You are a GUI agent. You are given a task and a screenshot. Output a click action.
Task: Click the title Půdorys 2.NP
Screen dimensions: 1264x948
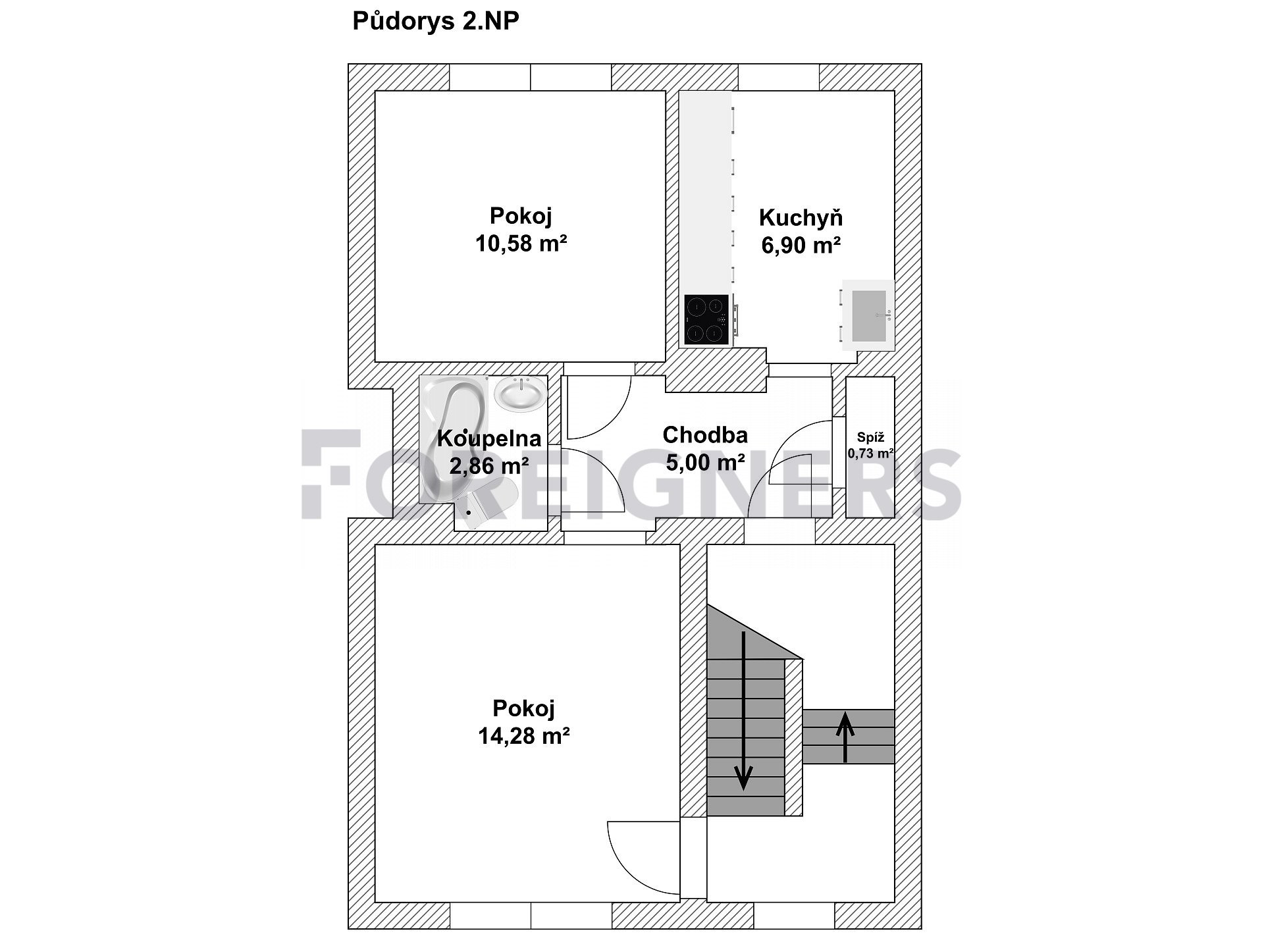(x=436, y=21)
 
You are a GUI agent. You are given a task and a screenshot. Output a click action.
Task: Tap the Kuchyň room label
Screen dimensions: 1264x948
(x=801, y=218)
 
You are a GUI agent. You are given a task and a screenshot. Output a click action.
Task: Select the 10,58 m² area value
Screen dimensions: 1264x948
(x=521, y=244)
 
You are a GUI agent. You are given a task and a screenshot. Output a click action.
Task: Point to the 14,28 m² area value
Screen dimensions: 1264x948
(x=524, y=736)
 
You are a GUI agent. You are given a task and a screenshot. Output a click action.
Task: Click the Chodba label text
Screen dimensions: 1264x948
(x=705, y=435)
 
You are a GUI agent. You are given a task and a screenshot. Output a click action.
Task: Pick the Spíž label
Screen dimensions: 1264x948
(x=870, y=437)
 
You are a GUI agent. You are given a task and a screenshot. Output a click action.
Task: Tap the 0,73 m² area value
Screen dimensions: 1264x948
(x=870, y=454)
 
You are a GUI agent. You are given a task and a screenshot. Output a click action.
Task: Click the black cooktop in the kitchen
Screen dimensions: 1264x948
(x=707, y=319)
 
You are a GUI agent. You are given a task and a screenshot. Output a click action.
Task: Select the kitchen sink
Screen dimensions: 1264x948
(x=868, y=315)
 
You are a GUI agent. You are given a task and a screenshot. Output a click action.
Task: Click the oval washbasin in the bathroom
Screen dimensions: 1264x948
(x=521, y=394)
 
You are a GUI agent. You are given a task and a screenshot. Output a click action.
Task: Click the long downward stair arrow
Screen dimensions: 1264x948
(x=744, y=710)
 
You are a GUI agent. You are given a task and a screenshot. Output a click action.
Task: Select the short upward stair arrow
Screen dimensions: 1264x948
(x=845, y=738)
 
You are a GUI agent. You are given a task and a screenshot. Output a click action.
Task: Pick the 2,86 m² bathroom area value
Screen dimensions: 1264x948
(x=489, y=466)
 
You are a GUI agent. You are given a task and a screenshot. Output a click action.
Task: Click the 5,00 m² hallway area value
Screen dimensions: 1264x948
(x=705, y=463)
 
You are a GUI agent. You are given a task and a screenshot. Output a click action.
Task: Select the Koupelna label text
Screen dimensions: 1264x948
(x=489, y=438)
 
